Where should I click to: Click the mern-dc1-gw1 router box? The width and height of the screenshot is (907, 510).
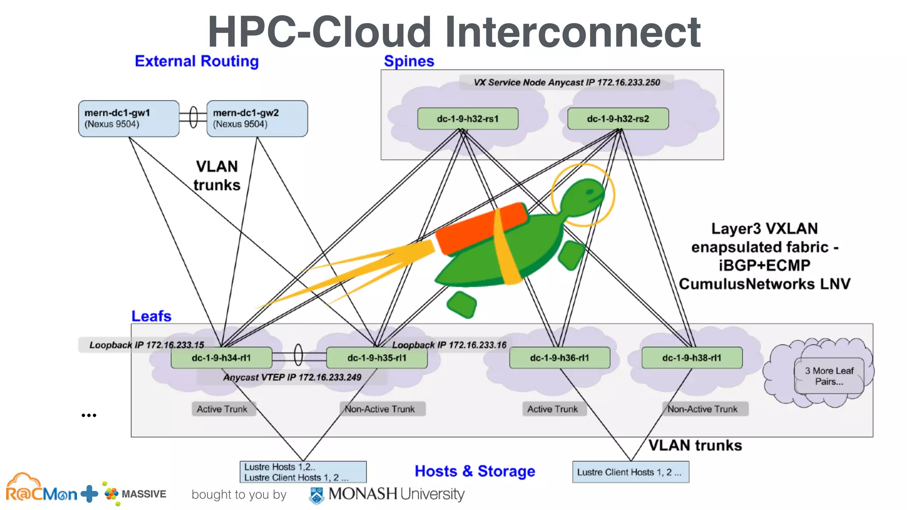(128, 118)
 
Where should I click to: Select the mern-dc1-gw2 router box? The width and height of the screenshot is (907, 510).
(257, 118)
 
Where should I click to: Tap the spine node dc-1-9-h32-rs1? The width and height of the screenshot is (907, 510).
(468, 119)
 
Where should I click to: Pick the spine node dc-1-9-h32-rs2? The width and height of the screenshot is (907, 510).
(618, 119)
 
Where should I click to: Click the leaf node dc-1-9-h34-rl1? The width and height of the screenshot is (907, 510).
(221, 358)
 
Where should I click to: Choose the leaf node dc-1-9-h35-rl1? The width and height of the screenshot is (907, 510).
(377, 358)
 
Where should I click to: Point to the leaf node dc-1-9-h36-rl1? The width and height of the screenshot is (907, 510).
(560, 358)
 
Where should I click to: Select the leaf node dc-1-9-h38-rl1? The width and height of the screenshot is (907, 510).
(692, 358)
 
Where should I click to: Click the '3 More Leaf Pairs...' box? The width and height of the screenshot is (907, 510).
(829, 376)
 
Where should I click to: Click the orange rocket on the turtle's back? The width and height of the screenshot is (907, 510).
(481, 228)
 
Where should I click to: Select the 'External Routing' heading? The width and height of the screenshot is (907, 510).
(197, 61)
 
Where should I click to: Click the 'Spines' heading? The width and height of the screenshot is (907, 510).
(409, 61)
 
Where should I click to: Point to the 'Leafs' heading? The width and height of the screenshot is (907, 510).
(151, 316)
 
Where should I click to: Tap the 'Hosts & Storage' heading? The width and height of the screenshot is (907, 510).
(475, 471)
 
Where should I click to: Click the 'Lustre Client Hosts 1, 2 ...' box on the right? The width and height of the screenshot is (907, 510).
(630, 472)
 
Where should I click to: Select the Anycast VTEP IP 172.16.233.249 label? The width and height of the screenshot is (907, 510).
(292, 377)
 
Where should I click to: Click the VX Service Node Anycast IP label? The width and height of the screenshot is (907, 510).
(566, 82)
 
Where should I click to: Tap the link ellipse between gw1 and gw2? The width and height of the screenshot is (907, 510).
(193, 117)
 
